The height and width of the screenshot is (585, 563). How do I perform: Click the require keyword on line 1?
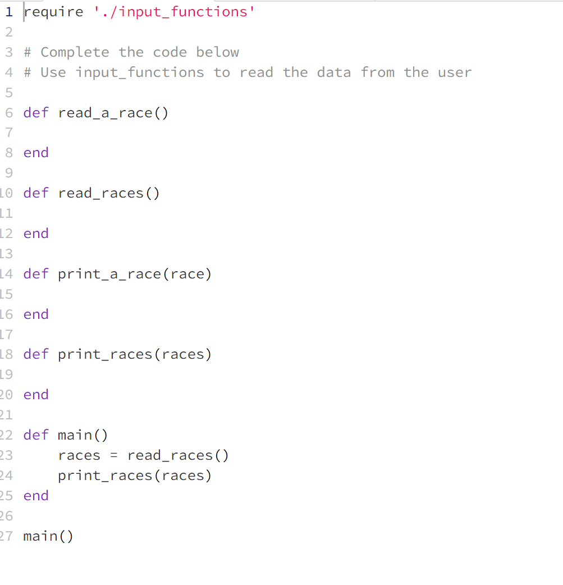(54, 12)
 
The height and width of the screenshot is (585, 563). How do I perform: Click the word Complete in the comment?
(75, 52)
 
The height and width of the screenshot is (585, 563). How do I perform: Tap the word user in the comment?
(455, 72)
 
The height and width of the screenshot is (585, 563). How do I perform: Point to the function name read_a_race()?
(113, 113)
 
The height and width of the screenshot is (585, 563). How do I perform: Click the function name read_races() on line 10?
(108, 193)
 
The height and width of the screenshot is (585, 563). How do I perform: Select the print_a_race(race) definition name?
(135, 274)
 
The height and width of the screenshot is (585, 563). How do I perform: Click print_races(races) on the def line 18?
(135, 354)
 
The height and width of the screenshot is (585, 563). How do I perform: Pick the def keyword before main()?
(36, 435)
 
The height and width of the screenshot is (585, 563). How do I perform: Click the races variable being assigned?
(79, 455)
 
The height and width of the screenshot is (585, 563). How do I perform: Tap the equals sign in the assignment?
(113, 455)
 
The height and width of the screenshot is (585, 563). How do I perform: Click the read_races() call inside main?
(178, 455)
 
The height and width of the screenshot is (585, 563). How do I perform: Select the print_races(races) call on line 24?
(135, 476)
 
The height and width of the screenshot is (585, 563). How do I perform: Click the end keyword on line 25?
(36, 496)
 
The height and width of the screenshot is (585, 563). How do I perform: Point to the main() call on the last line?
(48, 536)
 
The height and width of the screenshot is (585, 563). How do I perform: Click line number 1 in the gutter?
(9, 12)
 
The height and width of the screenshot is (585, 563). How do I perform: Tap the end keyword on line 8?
(36, 153)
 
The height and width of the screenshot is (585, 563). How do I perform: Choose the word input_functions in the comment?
(140, 72)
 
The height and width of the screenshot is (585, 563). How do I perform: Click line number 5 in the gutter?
(9, 93)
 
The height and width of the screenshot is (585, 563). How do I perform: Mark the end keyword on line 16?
(36, 314)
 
